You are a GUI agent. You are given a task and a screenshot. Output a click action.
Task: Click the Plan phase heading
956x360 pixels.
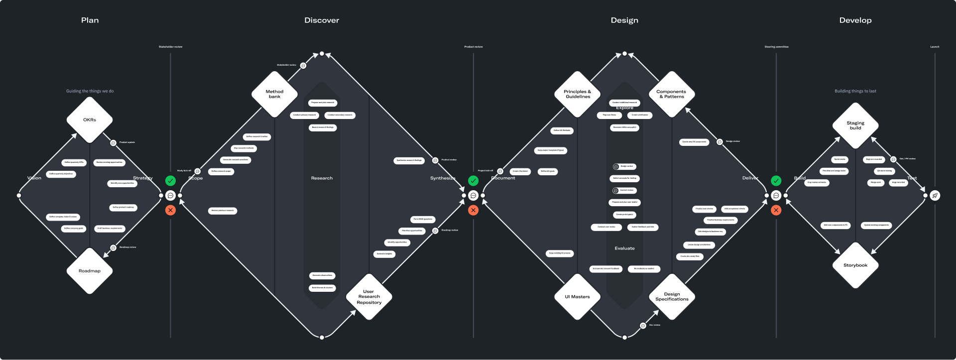[x=90, y=20]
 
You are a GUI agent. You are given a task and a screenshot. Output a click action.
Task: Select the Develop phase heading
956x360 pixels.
[x=855, y=20]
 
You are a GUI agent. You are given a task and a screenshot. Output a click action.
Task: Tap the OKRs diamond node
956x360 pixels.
[x=90, y=120]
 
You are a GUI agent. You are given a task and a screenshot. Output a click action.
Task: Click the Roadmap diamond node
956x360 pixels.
[x=90, y=271]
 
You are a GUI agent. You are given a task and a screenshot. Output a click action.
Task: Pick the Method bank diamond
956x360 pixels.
[x=274, y=94]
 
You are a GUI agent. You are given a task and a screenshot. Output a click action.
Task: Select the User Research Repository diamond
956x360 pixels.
[x=369, y=297]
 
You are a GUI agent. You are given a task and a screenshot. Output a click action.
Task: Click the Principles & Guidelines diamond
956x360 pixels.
[x=577, y=94]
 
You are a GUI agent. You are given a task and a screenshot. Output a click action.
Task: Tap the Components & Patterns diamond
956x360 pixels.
[x=671, y=94]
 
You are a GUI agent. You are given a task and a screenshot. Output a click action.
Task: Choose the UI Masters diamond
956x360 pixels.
[x=577, y=297]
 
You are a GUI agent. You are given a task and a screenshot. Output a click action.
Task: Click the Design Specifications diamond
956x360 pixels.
[x=672, y=297]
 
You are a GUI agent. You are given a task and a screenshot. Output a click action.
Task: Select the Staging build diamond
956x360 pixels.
[x=855, y=125]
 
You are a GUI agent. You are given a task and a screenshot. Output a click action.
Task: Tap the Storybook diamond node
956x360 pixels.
[x=855, y=265]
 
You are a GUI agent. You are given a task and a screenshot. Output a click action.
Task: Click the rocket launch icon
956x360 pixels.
[x=935, y=196]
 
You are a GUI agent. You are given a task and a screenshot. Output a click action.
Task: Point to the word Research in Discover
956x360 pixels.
[x=322, y=178]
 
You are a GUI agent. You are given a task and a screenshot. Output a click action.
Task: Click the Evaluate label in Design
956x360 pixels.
[x=624, y=248]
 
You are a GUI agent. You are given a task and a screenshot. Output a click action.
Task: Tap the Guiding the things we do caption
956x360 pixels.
[x=90, y=91]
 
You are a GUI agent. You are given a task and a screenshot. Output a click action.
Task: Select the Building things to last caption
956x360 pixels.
[x=855, y=91]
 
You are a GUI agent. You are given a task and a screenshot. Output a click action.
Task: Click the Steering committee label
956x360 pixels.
[x=776, y=47]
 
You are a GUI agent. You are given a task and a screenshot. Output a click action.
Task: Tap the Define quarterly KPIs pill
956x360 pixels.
[x=74, y=162]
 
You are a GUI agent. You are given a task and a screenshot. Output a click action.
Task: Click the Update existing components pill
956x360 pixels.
[x=876, y=225]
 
